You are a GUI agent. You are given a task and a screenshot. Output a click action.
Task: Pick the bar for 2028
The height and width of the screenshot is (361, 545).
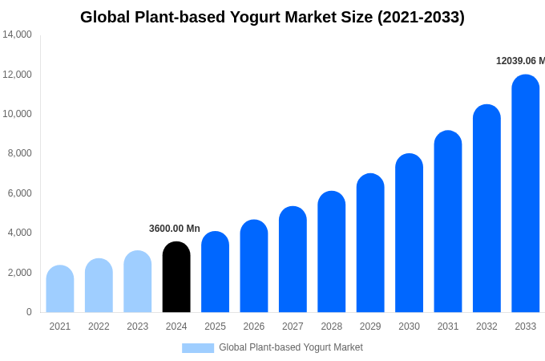[331, 252]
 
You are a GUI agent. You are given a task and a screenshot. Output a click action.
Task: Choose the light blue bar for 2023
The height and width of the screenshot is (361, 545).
[138, 282]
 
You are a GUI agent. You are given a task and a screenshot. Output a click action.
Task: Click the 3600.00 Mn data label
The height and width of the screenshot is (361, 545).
[175, 229]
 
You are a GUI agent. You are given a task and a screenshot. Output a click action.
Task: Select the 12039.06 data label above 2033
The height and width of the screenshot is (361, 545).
[520, 61]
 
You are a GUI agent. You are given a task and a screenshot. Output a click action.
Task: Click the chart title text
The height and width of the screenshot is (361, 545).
[272, 17]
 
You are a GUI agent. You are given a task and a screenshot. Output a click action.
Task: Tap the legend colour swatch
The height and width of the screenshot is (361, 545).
[198, 347]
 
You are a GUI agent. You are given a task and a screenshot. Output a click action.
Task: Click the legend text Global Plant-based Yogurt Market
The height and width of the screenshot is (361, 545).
[291, 347]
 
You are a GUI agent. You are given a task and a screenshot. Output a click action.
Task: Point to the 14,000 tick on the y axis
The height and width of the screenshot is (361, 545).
[17, 34]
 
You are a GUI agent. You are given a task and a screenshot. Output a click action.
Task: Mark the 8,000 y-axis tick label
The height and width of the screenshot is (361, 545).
[19, 153]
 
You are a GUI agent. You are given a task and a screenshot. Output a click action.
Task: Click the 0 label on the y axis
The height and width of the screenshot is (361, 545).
[29, 312]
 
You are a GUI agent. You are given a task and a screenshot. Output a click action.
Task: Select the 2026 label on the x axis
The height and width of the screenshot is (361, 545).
[254, 327]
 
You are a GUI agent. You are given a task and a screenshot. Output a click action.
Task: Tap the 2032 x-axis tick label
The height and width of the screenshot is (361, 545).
[486, 327]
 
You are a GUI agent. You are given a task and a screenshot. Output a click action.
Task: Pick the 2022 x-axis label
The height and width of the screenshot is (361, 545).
[99, 327]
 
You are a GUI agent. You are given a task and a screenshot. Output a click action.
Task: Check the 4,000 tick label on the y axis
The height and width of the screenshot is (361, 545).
[19, 233]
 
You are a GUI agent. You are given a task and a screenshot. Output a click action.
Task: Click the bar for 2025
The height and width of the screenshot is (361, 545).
[215, 272]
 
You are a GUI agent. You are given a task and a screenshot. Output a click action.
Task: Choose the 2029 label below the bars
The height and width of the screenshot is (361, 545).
[370, 327]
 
